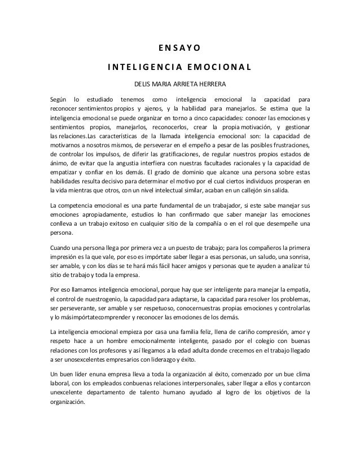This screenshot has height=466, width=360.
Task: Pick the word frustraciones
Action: click(291, 145)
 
